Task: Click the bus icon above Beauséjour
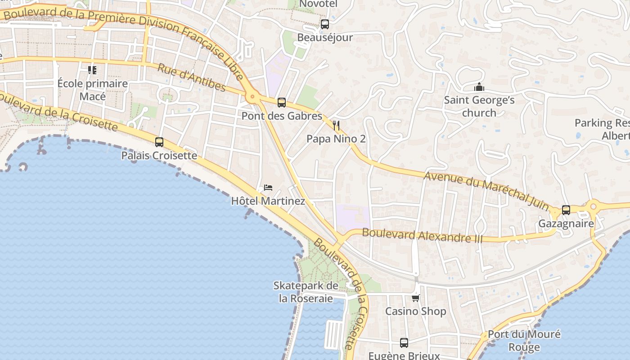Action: [325, 24]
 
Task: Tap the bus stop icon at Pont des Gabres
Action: [282, 103]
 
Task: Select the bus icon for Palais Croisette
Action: [159, 142]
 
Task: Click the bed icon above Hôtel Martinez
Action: [268, 187]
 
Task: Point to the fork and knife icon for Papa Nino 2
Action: [336, 126]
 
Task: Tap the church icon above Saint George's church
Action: [479, 87]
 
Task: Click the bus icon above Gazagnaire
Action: [566, 210]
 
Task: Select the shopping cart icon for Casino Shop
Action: [416, 298]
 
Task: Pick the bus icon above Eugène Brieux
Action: [404, 343]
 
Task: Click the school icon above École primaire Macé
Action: [92, 70]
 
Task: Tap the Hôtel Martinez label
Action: [268, 201]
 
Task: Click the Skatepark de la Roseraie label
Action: [306, 292]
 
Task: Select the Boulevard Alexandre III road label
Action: [422, 235]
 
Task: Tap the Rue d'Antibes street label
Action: [191, 77]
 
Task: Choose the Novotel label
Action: [318, 4]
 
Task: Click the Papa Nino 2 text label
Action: [336, 139]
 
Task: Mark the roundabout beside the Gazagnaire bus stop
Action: [593, 207]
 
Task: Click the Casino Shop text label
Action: [416, 311]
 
